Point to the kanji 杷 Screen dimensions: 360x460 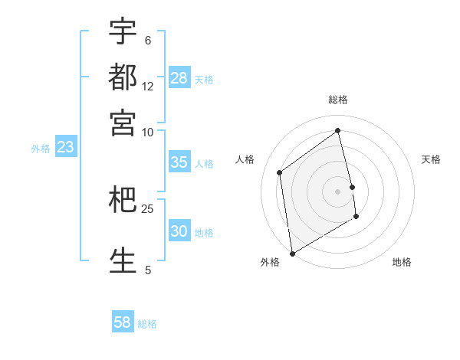pos(123,201)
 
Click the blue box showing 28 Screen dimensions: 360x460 pos(179,78)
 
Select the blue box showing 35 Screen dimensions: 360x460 pos(179,162)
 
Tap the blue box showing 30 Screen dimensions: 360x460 pos(179,231)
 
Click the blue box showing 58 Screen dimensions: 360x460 pos(123,322)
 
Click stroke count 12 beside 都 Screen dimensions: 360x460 pos(148,87)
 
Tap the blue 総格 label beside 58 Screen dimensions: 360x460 pos(147,324)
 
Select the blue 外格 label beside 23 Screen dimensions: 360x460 pos(41,149)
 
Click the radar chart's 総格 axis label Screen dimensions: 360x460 pos(338,100)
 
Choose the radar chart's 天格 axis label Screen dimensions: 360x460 pos(432,159)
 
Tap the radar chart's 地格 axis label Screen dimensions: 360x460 pos(402,262)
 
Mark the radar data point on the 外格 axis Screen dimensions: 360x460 pos(292,253)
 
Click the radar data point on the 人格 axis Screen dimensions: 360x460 pos(280,172)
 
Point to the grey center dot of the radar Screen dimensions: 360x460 pos(338,191)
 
